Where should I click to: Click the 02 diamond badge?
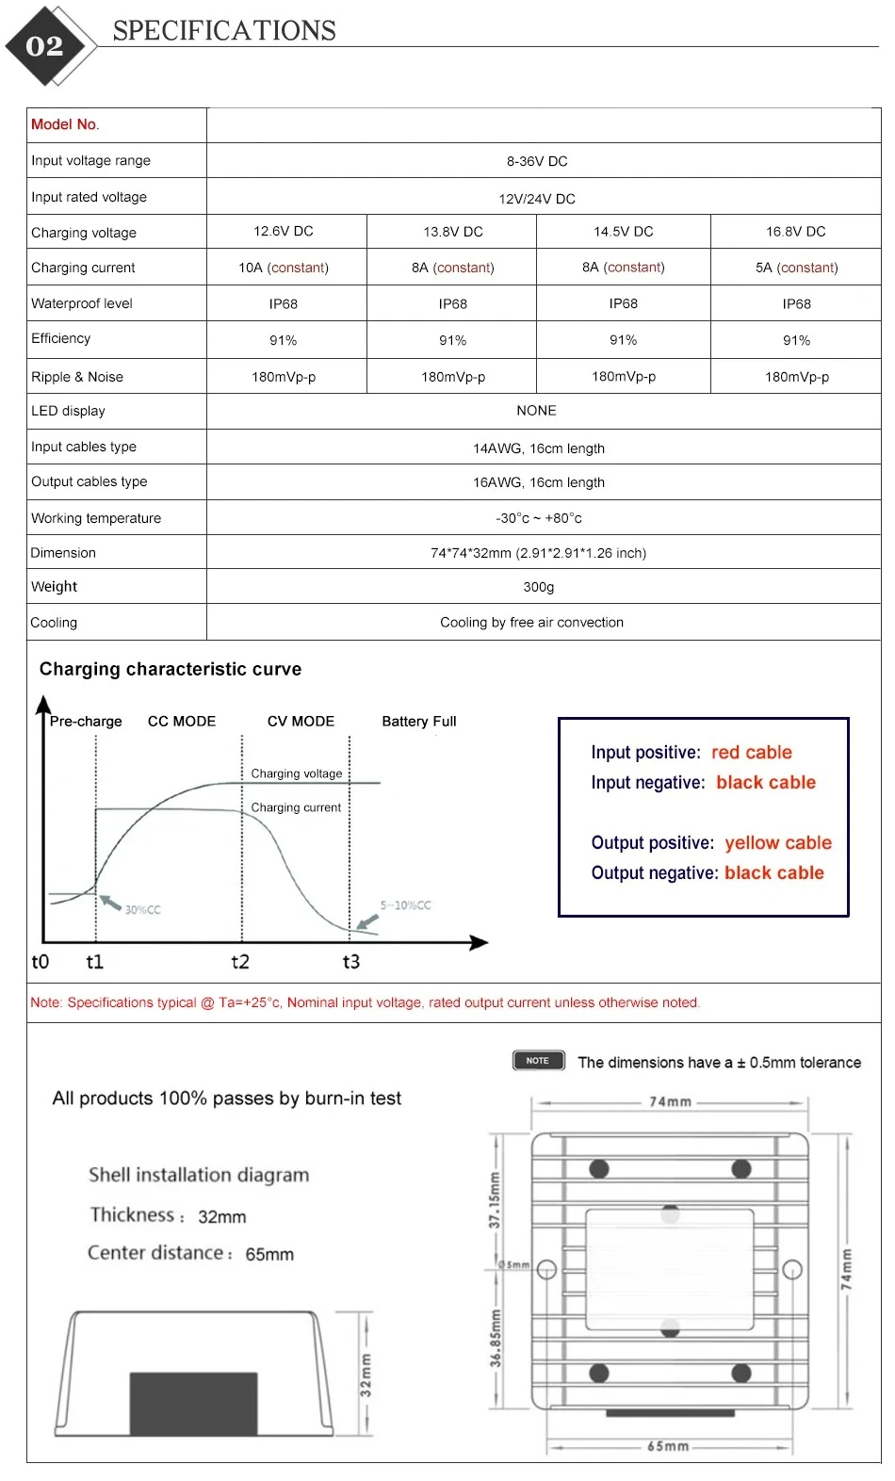point(45,46)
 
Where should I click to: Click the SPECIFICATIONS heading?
point(224,31)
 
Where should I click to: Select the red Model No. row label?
point(65,124)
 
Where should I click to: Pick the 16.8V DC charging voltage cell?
point(795,232)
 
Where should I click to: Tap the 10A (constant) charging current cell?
point(284,268)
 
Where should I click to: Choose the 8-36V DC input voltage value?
point(537,161)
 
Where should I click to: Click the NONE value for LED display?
point(536,411)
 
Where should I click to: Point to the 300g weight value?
point(539,587)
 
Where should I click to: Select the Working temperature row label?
point(96,518)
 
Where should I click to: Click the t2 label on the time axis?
point(240,962)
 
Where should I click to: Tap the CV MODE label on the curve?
point(301,722)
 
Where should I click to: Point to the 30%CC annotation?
point(142,910)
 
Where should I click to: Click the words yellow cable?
point(778,843)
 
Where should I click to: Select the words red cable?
point(752,753)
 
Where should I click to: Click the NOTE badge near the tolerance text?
point(538,1061)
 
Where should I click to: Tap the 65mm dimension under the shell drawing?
point(668,1446)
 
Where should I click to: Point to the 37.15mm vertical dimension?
point(495,1200)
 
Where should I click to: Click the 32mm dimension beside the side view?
point(366,1375)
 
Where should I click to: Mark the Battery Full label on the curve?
point(419,722)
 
